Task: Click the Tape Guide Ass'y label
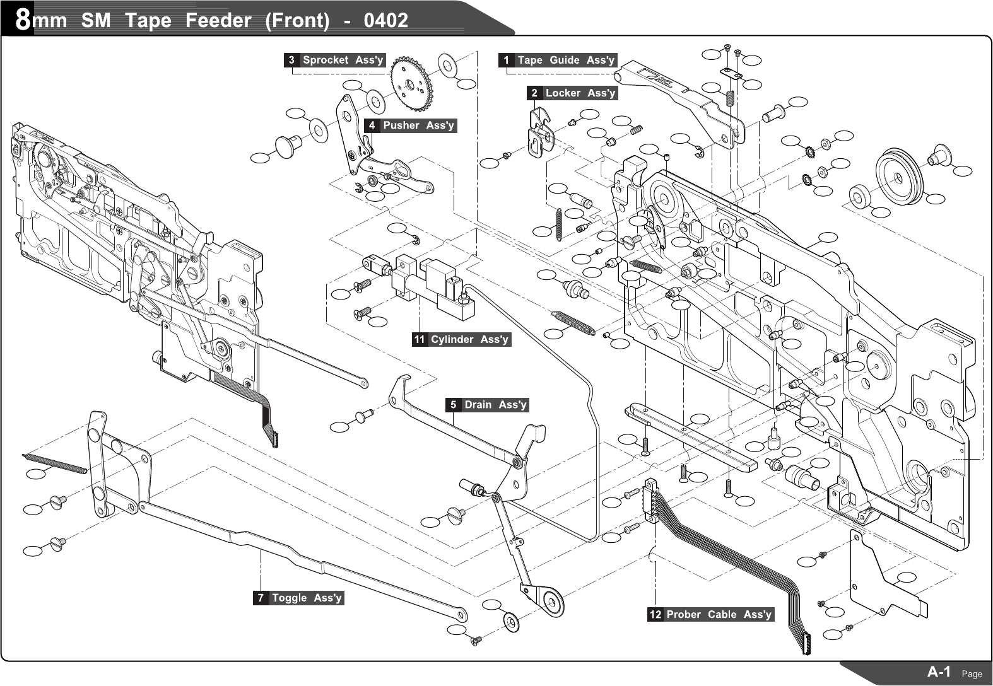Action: pyautogui.click(x=565, y=60)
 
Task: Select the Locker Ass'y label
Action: pyautogui.click(x=580, y=93)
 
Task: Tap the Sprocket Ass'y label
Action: pyautogui.click(x=343, y=60)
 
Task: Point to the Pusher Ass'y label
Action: pyautogui.click(x=418, y=125)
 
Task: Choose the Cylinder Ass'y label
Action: pyautogui.click(x=469, y=339)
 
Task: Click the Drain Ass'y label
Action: pyautogui.click(x=495, y=404)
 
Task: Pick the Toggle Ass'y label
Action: pyautogui.click(x=307, y=597)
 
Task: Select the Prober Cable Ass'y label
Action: pyautogui.click(x=719, y=614)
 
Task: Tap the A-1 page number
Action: pyautogui.click(x=939, y=671)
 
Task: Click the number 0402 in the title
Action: pyautogui.click(x=386, y=20)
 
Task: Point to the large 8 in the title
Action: pyautogui.click(x=23, y=20)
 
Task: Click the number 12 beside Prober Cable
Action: pyautogui.click(x=655, y=614)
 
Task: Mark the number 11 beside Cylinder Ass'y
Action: pyautogui.click(x=420, y=339)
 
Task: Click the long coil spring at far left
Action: pyautogui.click(x=54, y=462)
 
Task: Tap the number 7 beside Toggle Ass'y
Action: pyautogui.click(x=261, y=597)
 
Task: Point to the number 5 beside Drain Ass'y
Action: pyautogui.click(x=453, y=404)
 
